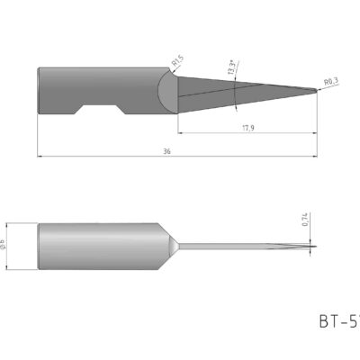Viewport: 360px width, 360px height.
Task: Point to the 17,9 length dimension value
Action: pyautogui.click(x=246, y=127)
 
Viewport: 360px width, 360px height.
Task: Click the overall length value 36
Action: pyautogui.click(x=168, y=151)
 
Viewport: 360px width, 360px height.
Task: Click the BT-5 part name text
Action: pyautogui.click(x=337, y=319)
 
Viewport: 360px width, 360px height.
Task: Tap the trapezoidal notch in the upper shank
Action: pyautogui.click(x=98, y=110)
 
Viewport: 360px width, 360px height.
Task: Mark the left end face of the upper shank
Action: pyautogui.click(x=39, y=91)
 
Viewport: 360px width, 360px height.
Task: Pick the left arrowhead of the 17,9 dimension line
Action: pyautogui.click(x=179, y=132)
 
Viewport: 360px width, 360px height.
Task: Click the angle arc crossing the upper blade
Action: pyautogui.click(x=236, y=90)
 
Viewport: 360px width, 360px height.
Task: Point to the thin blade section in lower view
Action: pyautogui.click(x=243, y=246)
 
